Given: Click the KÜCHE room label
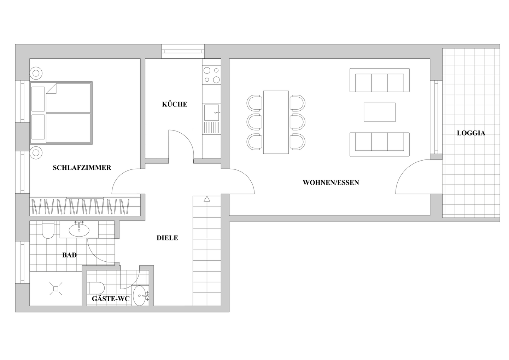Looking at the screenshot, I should click(175, 104).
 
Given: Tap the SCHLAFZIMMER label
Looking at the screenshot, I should click(82, 168).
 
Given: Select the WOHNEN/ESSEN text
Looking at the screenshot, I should click(331, 182).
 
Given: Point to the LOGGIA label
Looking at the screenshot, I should click(471, 133).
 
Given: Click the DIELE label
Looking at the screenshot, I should click(167, 238).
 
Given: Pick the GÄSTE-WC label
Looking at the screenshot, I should click(111, 299).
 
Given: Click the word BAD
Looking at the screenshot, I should click(69, 255).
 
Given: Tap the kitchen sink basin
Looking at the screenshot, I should click(211, 112).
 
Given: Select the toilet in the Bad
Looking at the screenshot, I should click(48, 230).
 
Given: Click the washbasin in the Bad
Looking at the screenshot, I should click(79, 230).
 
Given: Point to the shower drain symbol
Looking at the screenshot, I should click(55, 289).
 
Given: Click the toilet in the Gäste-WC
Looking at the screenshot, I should click(96, 288).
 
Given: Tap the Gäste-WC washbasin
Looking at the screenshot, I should click(140, 295).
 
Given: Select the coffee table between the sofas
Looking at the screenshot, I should click(379, 112).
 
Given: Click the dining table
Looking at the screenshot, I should click(276, 122).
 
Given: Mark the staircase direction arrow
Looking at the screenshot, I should click(207, 199).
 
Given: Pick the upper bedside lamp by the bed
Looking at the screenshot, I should click(36, 74).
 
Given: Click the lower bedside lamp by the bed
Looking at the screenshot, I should click(36, 153).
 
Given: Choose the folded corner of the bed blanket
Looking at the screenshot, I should click(52, 89).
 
